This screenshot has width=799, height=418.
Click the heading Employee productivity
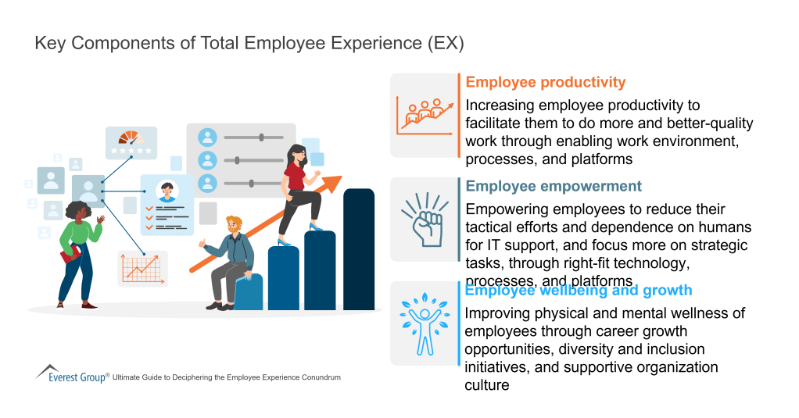[x=545, y=83]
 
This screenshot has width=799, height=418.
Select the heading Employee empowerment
[x=554, y=187]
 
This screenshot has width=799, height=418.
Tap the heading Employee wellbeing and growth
[x=579, y=291]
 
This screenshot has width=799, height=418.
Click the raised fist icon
[x=424, y=220]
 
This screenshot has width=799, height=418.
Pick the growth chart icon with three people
[x=424, y=114]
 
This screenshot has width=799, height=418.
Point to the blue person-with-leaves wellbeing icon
[x=424, y=323]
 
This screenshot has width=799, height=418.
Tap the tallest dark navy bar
[x=359, y=248]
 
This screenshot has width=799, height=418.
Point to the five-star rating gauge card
[x=131, y=141]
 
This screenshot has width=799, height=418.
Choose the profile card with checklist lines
[x=167, y=204]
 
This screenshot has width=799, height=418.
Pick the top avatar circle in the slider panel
[x=207, y=138]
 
